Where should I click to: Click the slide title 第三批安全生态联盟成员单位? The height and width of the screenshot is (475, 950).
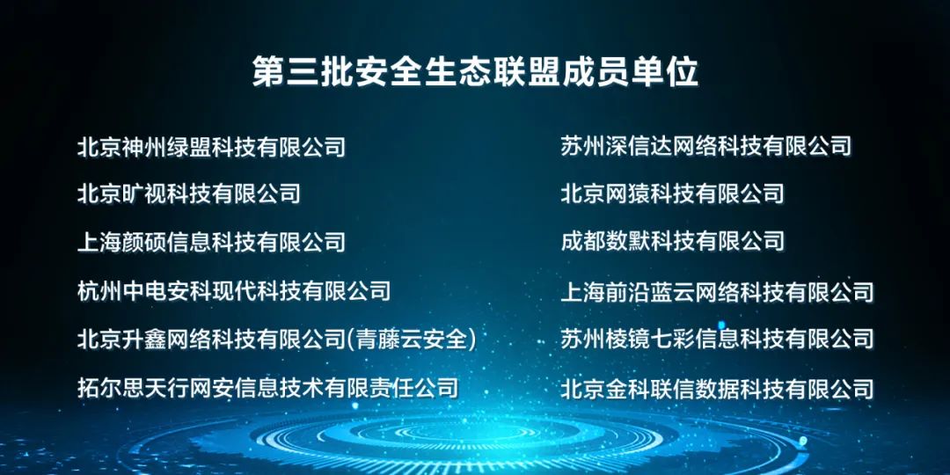pyautogui.click(x=476, y=72)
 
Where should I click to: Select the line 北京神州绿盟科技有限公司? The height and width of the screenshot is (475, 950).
pyautogui.click(x=211, y=147)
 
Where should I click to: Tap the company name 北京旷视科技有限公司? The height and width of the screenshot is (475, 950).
pyautogui.click(x=189, y=194)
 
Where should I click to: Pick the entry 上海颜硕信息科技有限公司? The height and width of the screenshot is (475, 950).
pyautogui.click(x=211, y=243)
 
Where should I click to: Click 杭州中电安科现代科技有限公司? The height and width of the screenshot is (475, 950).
pyautogui.click(x=234, y=291)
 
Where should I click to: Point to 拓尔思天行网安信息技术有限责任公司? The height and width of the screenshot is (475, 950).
pyautogui.click(x=267, y=387)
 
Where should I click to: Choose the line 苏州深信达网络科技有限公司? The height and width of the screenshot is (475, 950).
pyautogui.click(x=706, y=146)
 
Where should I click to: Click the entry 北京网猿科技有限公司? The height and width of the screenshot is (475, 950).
pyautogui.click(x=673, y=194)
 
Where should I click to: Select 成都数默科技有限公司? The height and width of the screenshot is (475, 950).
pyautogui.click(x=673, y=242)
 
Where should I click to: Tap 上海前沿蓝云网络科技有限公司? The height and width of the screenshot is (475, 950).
pyautogui.click(x=718, y=291)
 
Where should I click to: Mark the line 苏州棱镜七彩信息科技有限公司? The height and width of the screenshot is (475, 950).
pyautogui.click(x=718, y=339)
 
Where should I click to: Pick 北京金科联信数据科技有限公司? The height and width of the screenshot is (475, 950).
pyautogui.click(x=718, y=389)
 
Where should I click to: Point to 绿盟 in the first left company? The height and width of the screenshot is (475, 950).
pyautogui.click(x=189, y=147)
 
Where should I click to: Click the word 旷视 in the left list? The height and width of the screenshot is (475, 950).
pyautogui.click(x=144, y=194)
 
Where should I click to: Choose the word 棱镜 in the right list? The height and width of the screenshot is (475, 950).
pyautogui.click(x=628, y=339)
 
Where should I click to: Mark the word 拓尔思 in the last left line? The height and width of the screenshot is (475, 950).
pyautogui.click(x=111, y=387)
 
